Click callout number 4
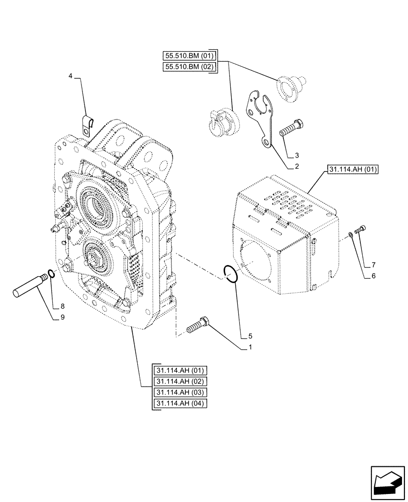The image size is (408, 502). click(x=71, y=76)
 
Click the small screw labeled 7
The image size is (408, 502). click(x=360, y=230)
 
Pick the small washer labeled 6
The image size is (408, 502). click(x=350, y=233)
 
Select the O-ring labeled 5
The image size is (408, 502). click(x=231, y=275)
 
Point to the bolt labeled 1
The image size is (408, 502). click(x=199, y=325)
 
